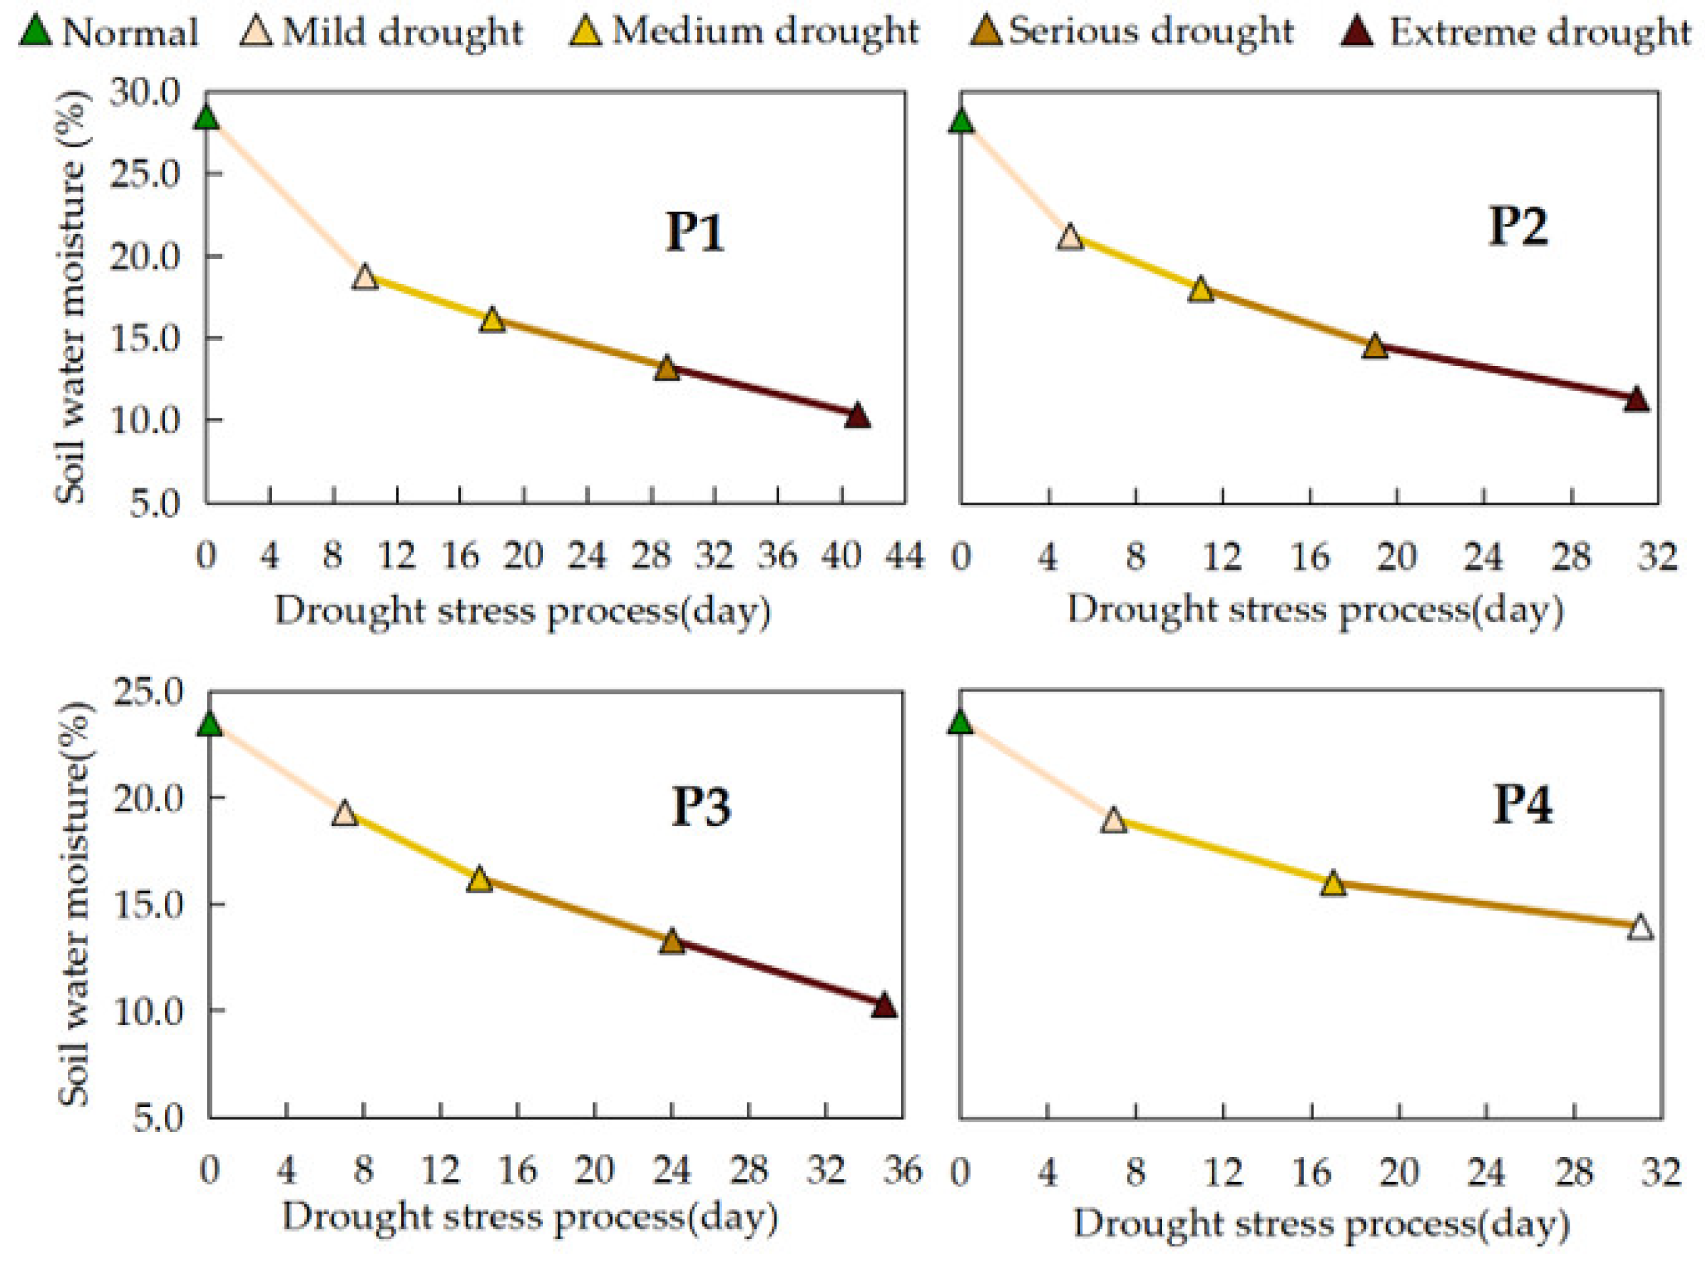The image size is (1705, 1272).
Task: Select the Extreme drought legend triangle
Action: click(1357, 31)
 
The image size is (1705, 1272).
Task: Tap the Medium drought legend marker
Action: click(585, 31)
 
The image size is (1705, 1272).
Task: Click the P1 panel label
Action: click(694, 231)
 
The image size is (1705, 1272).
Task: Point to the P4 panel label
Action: click(1523, 805)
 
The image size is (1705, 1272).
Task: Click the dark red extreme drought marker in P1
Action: click(857, 416)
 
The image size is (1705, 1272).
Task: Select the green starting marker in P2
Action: click(961, 121)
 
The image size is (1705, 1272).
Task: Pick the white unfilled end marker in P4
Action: click(1640, 927)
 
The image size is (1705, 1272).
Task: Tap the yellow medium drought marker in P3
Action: click(479, 879)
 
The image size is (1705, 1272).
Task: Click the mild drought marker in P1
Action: click(365, 277)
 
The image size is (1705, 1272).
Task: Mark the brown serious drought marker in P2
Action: click(1375, 347)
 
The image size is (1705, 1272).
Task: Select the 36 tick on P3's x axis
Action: click(902, 1170)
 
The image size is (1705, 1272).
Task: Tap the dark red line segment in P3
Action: click(778, 974)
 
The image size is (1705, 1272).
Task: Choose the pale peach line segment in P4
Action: click(1036, 771)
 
